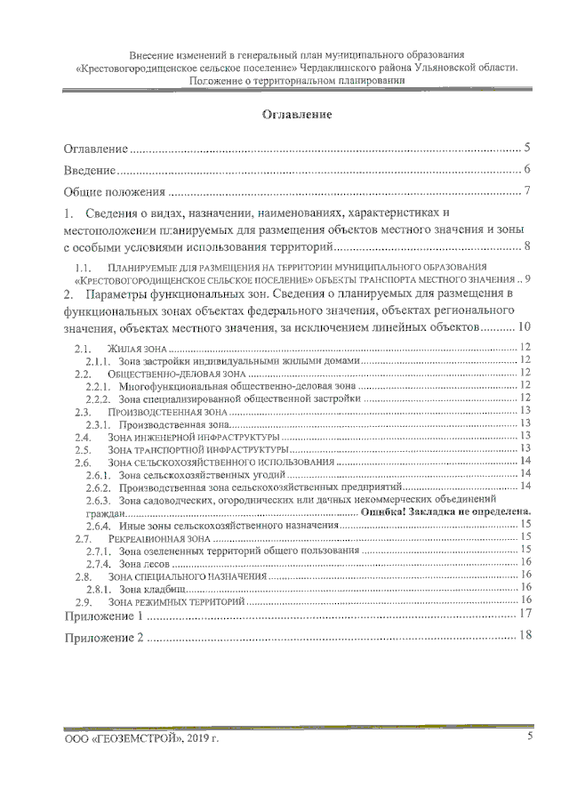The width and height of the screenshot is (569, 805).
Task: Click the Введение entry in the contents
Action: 90,170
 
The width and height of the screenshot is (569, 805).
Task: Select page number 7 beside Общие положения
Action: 527,191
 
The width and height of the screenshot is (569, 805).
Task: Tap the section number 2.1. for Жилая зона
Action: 84,348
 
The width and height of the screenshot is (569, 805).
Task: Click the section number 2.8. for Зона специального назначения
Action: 84,576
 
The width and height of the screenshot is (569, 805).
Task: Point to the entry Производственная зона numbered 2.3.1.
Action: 170,424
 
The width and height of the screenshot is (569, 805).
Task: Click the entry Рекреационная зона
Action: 159,538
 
